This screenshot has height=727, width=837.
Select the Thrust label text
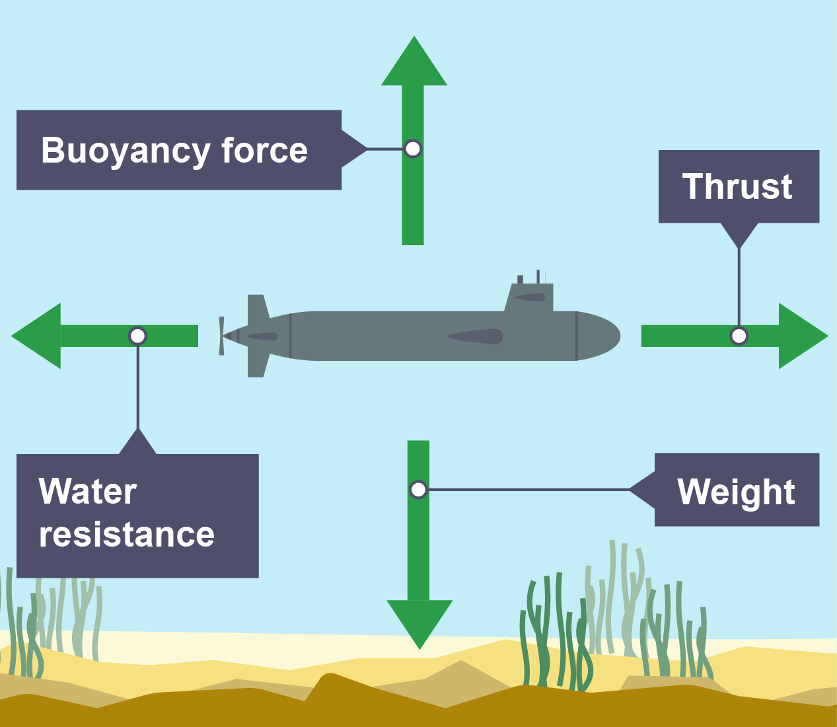point(737,186)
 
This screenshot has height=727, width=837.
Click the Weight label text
point(736,492)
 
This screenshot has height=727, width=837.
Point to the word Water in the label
point(88,492)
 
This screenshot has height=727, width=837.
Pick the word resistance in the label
point(126,534)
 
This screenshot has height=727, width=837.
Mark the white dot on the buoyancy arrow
point(413,149)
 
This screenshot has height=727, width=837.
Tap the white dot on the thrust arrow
point(739,336)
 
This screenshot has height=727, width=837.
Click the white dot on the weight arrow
point(418,490)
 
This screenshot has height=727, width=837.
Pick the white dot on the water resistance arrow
point(137,336)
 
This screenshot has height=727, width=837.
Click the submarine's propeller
point(222,336)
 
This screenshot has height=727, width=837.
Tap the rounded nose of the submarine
point(604,336)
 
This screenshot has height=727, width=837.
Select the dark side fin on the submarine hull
point(476,336)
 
